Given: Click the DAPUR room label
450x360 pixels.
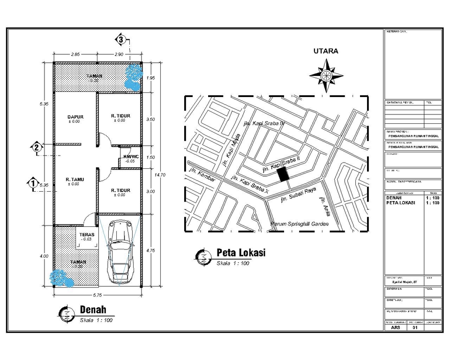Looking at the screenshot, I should [x=75, y=116].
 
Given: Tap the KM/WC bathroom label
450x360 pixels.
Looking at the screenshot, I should [x=130, y=157].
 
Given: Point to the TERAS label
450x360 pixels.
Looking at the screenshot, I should [x=87, y=234].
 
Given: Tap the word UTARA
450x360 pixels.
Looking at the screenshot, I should [x=326, y=51].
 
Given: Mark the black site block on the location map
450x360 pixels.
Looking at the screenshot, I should [x=283, y=174].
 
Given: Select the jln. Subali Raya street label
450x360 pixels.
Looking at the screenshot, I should [x=298, y=195].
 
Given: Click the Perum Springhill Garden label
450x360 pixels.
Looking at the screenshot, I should [x=300, y=224].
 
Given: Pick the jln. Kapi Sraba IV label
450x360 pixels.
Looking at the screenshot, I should [x=264, y=123].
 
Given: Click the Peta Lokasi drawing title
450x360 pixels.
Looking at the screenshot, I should [x=240, y=253].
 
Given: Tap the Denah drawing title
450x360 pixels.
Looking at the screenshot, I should [x=93, y=309].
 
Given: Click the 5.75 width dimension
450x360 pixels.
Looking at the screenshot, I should [x=97, y=295].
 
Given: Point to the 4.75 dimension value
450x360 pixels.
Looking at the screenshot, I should [x=150, y=250].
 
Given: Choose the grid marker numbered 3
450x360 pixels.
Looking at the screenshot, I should [x=121, y=39].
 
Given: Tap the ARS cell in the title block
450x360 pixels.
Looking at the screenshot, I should [x=396, y=328].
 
